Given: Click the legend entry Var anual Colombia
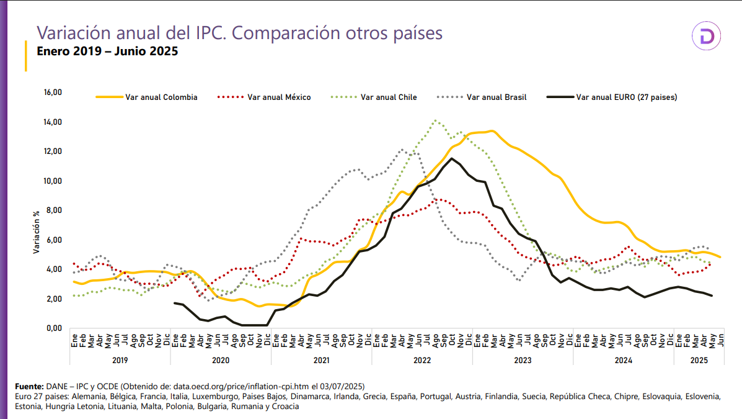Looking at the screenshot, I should pos(161,97).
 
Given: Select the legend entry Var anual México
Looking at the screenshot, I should pos(278,97).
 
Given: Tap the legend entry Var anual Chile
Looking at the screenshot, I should pos(389,97).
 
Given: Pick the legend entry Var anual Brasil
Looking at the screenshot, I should pos(497,97).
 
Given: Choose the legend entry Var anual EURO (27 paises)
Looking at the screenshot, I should pos(626,97).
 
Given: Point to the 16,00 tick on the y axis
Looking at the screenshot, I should pos(53,92).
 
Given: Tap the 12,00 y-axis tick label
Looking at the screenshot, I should pos(53,151).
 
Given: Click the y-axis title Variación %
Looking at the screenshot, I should pos(37,231).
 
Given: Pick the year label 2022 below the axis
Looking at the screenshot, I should pos(422,359).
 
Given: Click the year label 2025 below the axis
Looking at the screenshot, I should pos(699,359).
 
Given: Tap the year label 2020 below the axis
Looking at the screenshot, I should pos(221,359).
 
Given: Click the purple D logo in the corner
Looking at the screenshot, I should pos(707,37).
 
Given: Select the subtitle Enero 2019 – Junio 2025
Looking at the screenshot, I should pos(107,51).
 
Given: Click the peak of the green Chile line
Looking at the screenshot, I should pos(436,120).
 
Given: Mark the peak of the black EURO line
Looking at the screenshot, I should pos(452,158).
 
